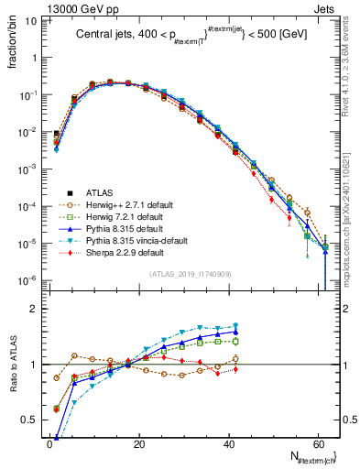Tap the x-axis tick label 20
click(x=139, y=443)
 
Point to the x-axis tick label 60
click(x=320, y=443)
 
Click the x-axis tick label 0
click(x=49, y=443)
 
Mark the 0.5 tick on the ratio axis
click(x=32, y=420)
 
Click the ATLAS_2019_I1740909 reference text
click(x=184, y=274)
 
